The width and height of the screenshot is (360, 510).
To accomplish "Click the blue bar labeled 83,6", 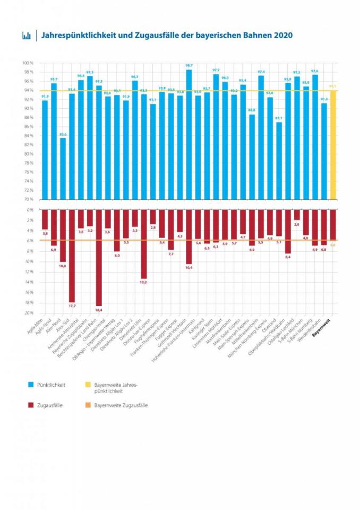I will pos(63,169).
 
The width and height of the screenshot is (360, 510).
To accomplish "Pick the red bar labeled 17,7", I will pos(72,256).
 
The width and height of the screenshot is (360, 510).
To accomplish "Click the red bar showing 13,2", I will pos(143,244).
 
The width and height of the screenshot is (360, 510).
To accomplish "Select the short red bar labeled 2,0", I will pos(297,215).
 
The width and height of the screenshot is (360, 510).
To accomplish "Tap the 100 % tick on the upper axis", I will pos(28,63).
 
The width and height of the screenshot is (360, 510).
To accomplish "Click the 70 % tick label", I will pos(28,199).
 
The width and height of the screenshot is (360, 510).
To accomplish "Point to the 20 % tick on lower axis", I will pos(29,313).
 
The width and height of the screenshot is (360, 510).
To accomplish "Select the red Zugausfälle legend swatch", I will pos(32,405).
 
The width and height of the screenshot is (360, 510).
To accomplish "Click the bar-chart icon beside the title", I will pos(26,36).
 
